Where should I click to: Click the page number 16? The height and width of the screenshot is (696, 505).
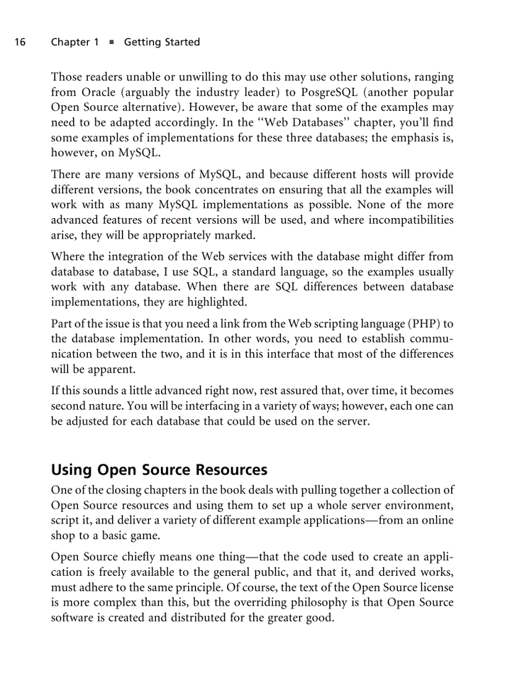coord(20,42)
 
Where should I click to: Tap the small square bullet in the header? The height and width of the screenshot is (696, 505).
coord(111,42)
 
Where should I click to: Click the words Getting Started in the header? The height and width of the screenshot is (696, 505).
coord(162,42)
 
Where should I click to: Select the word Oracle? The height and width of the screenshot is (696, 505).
coord(97,93)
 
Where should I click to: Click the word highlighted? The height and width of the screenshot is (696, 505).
coord(217,302)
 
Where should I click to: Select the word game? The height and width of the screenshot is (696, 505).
coord(132,535)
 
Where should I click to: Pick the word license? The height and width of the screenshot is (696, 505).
coord(436,588)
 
